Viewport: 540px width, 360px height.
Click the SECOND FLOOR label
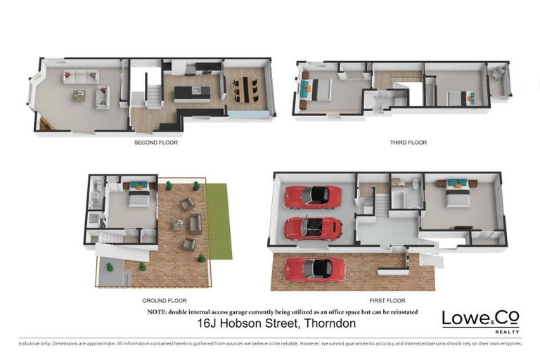[x=155, y=142]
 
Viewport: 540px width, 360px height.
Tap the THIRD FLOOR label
[x=408, y=142]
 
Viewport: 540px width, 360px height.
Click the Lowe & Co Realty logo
[x=480, y=320]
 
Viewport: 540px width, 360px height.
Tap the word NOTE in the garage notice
[x=156, y=311]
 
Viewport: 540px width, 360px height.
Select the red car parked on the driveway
[x=314, y=269]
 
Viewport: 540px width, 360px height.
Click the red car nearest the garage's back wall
[x=313, y=197]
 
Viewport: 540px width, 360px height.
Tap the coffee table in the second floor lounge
[x=79, y=96]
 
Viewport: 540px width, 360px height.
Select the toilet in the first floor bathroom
[x=415, y=186]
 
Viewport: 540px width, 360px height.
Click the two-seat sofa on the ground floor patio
[x=195, y=224]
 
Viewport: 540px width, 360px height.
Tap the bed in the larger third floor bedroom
[x=319, y=90]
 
